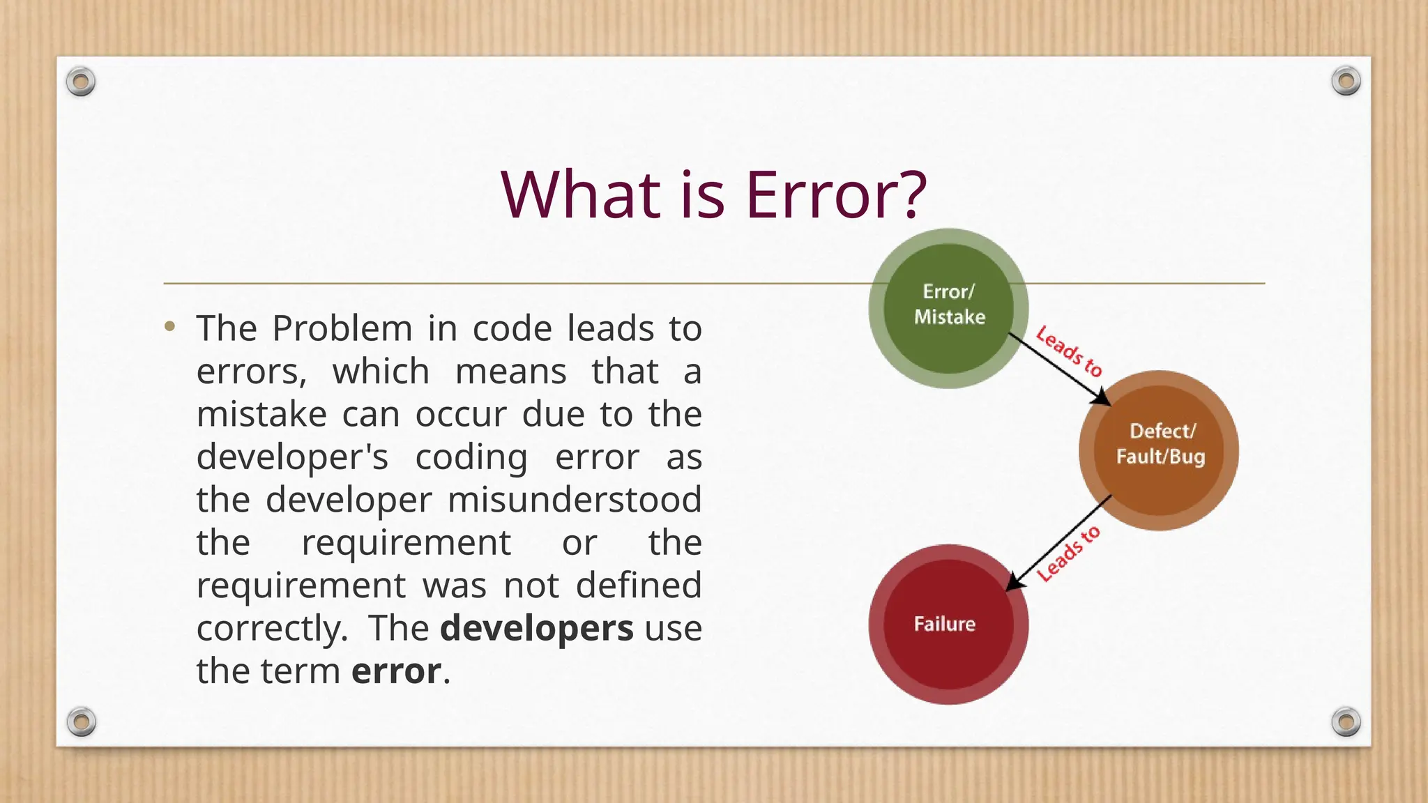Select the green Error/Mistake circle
click(x=948, y=307)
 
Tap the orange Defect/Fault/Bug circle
click(x=1159, y=450)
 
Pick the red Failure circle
click(x=948, y=624)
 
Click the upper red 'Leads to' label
click(x=1069, y=352)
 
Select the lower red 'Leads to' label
click(x=1068, y=553)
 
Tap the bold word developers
click(x=536, y=628)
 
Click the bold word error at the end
click(x=396, y=671)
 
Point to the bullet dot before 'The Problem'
click(x=169, y=326)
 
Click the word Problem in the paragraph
click(x=342, y=328)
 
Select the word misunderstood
click(x=574, y=500)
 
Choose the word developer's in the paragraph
click(x=292, y=457)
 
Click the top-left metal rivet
click(x=81, y=82)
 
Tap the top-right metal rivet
click(x=1346, y=82)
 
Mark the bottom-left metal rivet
click(x=81, y=721)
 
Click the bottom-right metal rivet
click(x=1346, y=721)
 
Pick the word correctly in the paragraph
click(x=271, y=629)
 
